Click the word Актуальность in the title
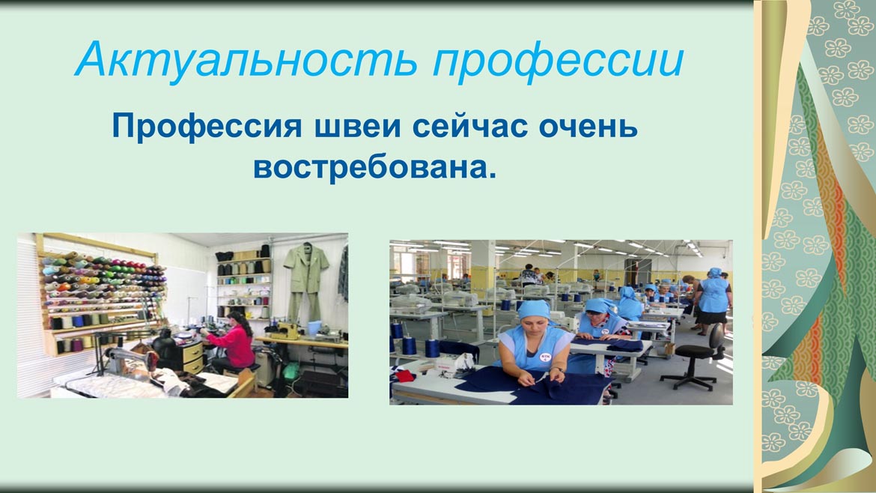pos(246,59)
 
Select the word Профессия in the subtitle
pos(207,127)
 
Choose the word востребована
pos(374,167)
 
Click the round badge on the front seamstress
pos(545,356)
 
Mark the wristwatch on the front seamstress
pos(557,370)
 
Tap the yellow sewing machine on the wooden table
pos(290,331)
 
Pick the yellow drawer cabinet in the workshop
pos(192,357)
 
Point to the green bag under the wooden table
pos(291,371)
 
